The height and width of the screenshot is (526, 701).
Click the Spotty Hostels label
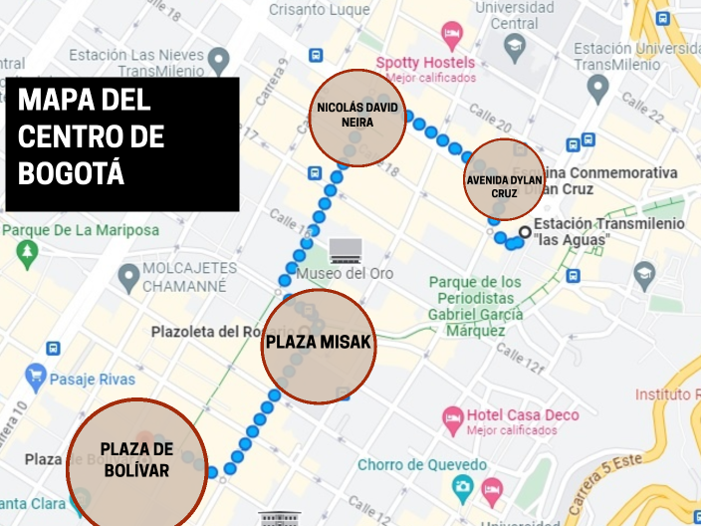[x=425, y=63]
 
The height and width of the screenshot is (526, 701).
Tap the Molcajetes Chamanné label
[x=189, y=277]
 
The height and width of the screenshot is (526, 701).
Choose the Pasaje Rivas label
[x=91, y=379]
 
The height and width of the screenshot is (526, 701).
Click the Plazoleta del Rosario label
[x=225, y=331]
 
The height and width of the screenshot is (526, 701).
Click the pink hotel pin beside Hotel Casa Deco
[x=453, y=415]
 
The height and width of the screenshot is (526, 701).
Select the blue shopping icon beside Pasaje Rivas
[x=37, y=376]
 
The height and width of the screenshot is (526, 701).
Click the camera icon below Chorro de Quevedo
[x=462, y=487]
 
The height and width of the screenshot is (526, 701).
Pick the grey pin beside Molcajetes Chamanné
[x=128, y=274]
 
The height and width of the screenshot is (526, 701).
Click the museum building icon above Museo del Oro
[x=346, y=248]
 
